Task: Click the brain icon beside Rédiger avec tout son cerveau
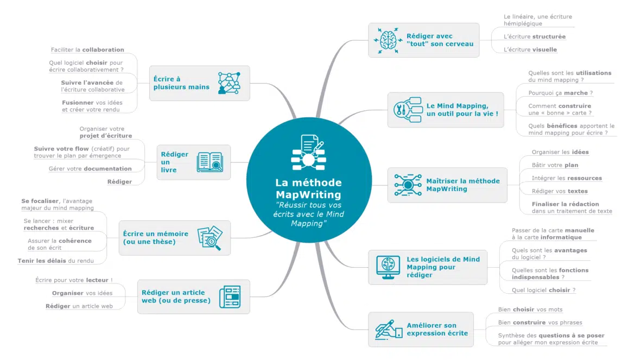click(x=388, y=40)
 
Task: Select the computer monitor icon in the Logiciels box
click(x=388, y=267)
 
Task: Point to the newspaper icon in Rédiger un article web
click(x=230, y=296)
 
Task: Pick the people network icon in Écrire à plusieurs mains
click(x=229, y=83)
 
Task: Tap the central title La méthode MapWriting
click(x=309, y=188)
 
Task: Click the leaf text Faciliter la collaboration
click(x=87, y=50)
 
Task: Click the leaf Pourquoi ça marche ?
click(x=561, y=93)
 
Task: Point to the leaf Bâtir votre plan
click(x=555, y=165)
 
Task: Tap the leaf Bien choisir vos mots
click(x=530, y=310)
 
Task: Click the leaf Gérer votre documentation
click(x=90, y=169)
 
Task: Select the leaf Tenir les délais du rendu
click(x=55, y=261)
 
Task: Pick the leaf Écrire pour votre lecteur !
click(x=74, y=280)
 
